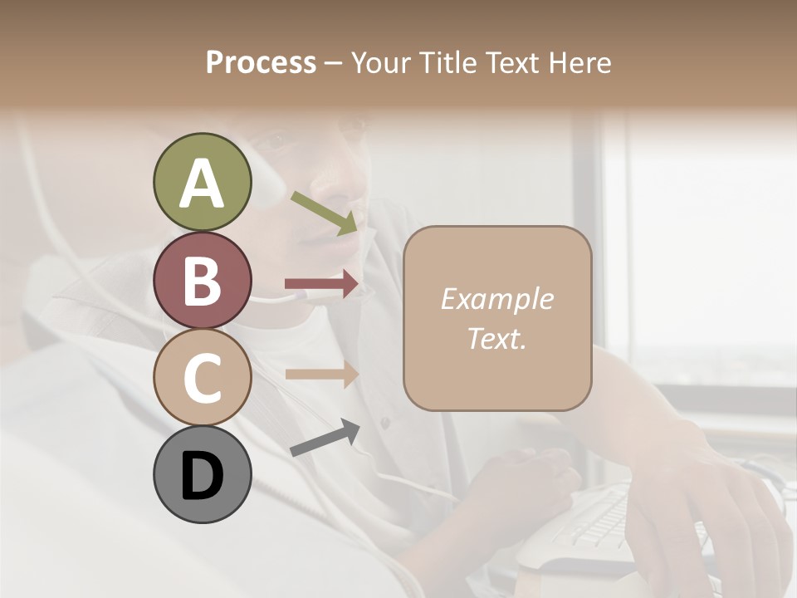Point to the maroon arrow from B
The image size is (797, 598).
(321, 284)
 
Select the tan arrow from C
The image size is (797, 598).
(321, 374)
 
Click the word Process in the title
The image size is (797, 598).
(261, 62)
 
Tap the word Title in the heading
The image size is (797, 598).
(453, 62)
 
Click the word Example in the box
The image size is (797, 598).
(496, 299)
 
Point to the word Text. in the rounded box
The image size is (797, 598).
(496, 338)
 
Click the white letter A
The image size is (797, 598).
(202, 183)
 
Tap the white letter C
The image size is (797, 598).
(202, 379)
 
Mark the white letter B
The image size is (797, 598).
(202, 281)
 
